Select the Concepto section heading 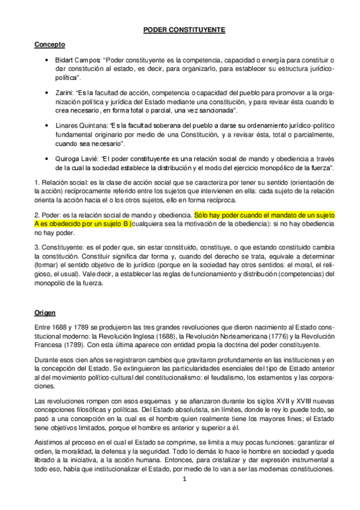coord(50,45)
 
